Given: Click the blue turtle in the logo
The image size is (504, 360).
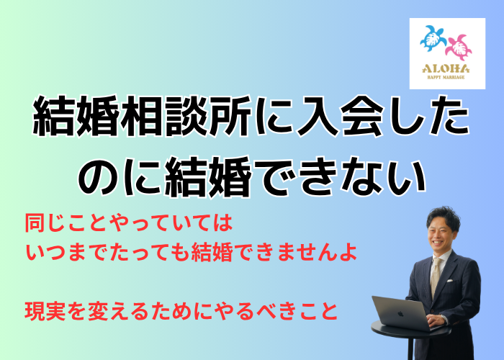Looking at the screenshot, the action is [433, 39].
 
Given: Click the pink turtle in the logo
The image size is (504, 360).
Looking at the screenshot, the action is [459, 48].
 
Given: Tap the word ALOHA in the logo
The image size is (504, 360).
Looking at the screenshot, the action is [446, 68].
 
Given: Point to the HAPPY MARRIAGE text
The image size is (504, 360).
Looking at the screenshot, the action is [446, 77].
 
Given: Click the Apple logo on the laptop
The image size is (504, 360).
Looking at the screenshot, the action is [400, 313].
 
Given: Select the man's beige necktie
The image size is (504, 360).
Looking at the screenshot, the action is [435, 276].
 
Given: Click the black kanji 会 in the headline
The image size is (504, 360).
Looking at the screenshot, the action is [361, 115].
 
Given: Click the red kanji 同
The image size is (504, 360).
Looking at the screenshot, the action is [35, 222].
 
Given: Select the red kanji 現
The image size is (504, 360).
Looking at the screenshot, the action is [35, 311].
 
